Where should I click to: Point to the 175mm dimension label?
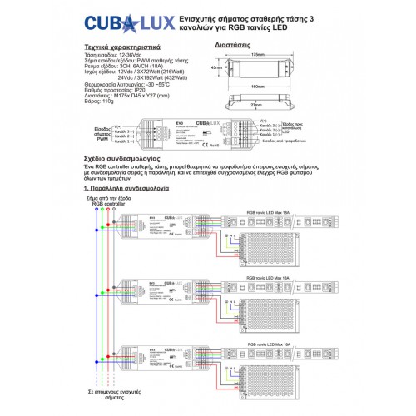(x=257, y=56)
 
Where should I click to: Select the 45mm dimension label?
(x=216, y=68)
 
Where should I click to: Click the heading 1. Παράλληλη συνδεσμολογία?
(x=128, y=190)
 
